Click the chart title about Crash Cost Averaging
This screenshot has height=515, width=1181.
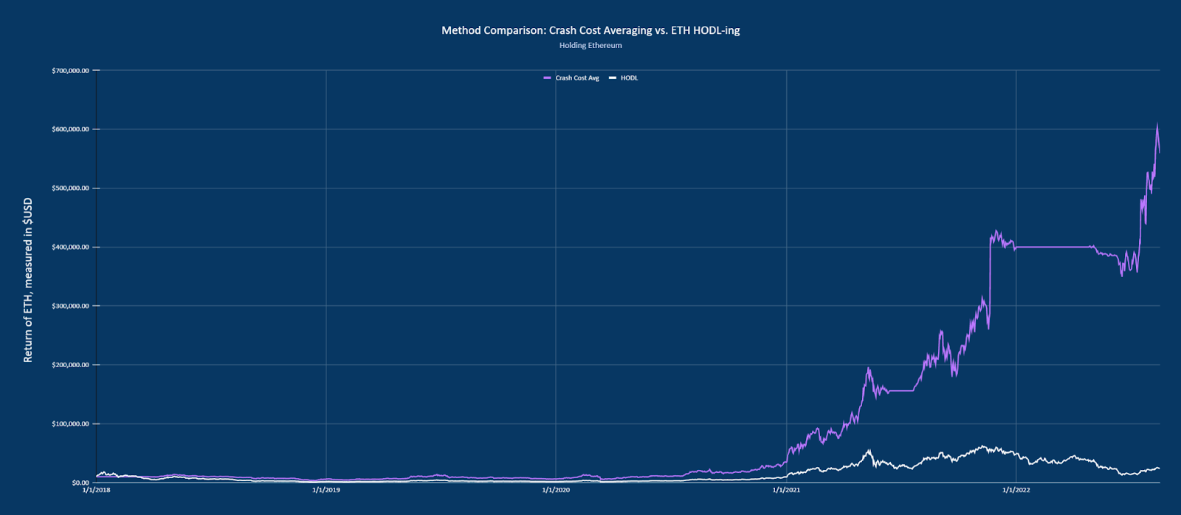click(590, 30)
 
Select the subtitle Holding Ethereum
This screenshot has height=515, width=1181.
click(590, 45)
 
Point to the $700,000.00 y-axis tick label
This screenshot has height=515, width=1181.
click(70, 70)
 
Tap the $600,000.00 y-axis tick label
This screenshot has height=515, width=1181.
click(70, 129)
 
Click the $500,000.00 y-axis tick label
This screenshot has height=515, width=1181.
click(70, 188)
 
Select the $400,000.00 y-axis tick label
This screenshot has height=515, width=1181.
click(70, 247)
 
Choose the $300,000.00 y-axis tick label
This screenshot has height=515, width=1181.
click(70, 306)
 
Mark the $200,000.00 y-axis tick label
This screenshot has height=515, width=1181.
click(70, 365)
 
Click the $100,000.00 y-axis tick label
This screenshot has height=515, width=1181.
click(70, 424)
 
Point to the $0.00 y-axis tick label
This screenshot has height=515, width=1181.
click(80, 482)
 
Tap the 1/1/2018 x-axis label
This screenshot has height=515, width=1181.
click(96, 490)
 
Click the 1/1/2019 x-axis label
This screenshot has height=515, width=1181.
click(326, 490)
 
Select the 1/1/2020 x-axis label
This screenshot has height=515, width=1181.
click(556, 490)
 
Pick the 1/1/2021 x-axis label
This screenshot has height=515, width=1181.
click(786, 490)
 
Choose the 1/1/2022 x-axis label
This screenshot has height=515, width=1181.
click(1016, 490)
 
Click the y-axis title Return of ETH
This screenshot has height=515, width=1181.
click(28, 280)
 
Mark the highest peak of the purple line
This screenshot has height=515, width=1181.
click(1157, 124)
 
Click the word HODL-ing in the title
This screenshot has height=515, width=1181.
click(716, 30)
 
